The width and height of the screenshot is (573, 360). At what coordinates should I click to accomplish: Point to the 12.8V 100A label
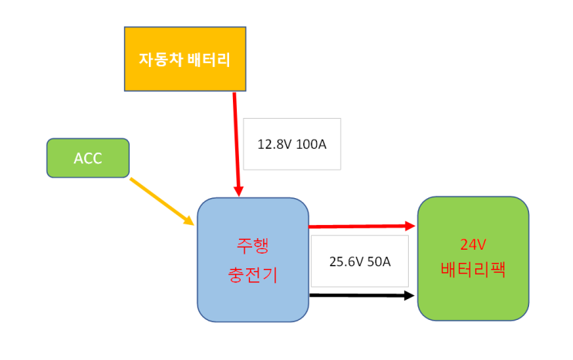292,143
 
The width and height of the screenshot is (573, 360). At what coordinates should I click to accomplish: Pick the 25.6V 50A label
359,261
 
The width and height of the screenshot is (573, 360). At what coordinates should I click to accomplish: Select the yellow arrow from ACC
162,201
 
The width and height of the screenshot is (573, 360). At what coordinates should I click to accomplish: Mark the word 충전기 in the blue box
253,274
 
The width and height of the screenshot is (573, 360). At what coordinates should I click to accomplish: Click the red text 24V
473,245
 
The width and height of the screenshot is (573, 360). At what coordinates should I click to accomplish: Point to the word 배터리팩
473,271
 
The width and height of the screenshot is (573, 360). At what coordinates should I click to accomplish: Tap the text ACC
88,159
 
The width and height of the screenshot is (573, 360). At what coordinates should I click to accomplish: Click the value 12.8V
275,143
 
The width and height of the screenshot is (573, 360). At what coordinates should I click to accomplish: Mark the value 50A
379,261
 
